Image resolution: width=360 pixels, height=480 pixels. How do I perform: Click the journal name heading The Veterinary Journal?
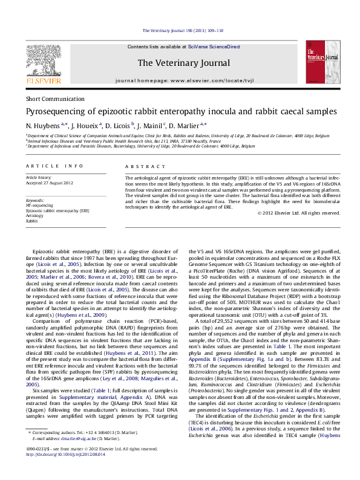[180, 62]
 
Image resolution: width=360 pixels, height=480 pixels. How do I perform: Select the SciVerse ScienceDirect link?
[214, 47]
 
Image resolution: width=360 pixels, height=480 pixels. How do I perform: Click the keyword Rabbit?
[31, 221]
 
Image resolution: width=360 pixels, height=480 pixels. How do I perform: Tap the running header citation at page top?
[182, 30]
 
